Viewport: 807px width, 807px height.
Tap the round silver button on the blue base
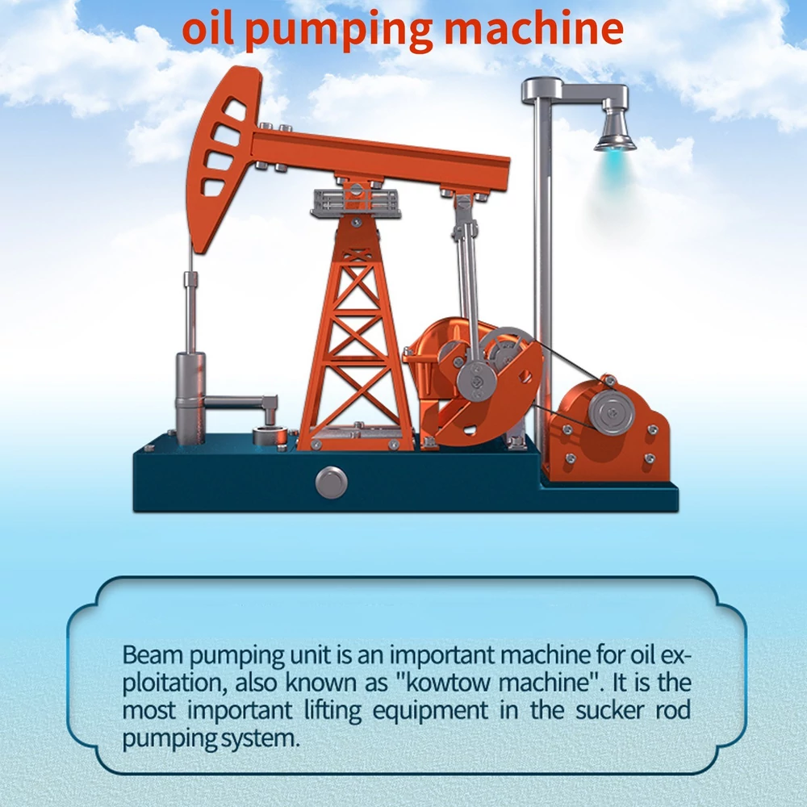pos(332,483)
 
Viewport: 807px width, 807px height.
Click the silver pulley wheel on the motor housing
pos(612,412)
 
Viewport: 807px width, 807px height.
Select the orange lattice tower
pos(356,335)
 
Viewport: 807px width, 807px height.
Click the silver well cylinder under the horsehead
pos(190,397)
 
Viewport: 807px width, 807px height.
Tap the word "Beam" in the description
pos(153,655)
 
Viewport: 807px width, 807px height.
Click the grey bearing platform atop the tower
pos(356,203)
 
